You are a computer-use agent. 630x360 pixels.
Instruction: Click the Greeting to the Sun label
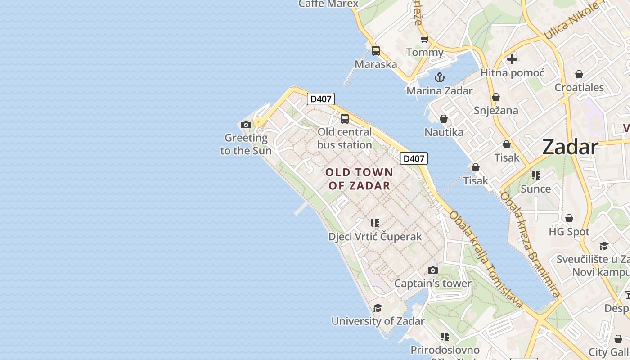[246, 144]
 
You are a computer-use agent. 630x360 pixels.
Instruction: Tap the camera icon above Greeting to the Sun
[246, 125]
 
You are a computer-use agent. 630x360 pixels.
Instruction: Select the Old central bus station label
[345, 139]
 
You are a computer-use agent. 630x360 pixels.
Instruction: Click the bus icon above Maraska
[376, 51]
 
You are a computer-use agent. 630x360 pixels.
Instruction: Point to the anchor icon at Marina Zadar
[440, 77]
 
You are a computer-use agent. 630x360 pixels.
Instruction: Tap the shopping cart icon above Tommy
[424, 40]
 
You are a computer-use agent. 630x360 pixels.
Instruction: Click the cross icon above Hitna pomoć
[512, 59]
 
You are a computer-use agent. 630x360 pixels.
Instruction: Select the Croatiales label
[579, 87]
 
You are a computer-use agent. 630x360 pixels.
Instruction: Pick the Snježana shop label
[496, 110]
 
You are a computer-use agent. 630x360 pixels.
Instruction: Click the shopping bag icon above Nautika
[444, 119]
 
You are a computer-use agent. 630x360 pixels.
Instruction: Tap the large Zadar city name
[570, 147]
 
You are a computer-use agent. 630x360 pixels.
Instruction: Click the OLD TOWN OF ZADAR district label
[359, 179]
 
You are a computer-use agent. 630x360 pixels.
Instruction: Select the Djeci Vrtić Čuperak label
[375, 237]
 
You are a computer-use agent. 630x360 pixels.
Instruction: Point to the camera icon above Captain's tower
[433, 270]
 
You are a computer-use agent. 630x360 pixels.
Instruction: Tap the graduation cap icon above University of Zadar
[378, 308]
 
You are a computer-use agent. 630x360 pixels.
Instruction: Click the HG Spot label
[569, 232]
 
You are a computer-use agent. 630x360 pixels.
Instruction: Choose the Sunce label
[535, 189]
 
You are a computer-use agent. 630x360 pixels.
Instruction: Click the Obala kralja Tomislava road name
[486, 260]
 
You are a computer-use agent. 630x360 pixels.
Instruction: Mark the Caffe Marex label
[328, 4]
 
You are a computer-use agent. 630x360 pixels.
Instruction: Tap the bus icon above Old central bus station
[345, 119]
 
